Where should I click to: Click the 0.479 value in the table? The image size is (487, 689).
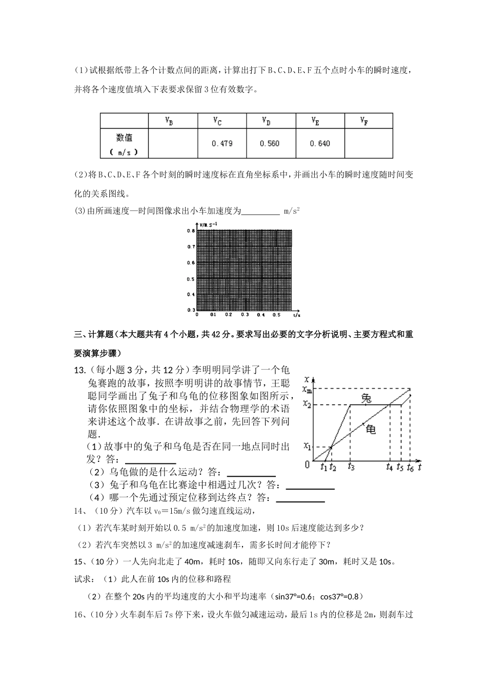click(222, 144)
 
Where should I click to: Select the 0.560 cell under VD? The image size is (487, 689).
click(270, 144)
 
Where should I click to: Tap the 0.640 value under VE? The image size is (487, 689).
click(320, 144)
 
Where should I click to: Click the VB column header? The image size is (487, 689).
click(169, 121)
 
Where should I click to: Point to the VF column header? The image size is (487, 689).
click(364, 121)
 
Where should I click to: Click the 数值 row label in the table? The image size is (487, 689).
click(124, 137)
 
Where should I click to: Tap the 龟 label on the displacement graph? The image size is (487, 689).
click(370, 430)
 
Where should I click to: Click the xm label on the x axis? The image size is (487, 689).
click(307, 389)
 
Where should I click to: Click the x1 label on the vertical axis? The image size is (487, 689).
click(307, 445)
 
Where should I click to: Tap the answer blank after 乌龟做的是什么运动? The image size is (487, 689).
click(251, 472)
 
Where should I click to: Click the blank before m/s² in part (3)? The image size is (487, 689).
click(260, 211)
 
